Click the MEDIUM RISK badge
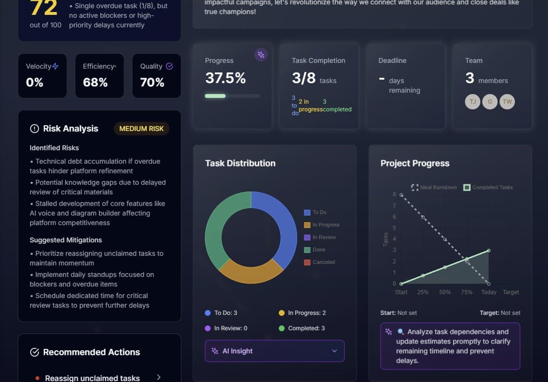pyautogui.click(x=142, y=129)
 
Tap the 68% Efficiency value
pyautogui.click(x=95, y=83)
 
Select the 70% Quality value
pyautogui.click(x=152, y=83)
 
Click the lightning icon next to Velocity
pyautogui.click(x=55, y=67)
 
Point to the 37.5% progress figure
pyautogui.click(x=226, y=78)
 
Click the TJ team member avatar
pyautogui.click(x=473, y=102)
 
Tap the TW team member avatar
pyautogui.click(x=507, y=102)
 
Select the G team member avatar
pyautogui.click(x=490, y=102)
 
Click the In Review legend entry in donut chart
pyautogui.click(x=320, y=238)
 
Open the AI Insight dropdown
pyautogui.click(x=274, y=351)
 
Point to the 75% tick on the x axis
pyautogui.click(x=466, y=292)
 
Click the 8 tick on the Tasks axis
pyautogui.click(x=394, y=195)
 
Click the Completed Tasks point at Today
pyautogui.click(x=488, y=251)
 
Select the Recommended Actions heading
pyautogui.click(x=91, y=352)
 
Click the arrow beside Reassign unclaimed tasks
pyautogui.click(x=159, y=378)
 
